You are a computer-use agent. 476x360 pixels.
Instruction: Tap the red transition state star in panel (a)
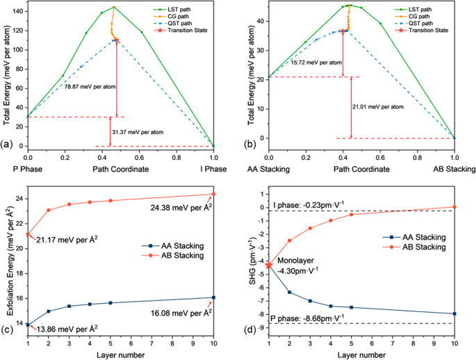pyautogui.click(x=116, y=40)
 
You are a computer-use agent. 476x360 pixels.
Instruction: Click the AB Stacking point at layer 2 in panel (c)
pyautogui.click(x=48, y=210)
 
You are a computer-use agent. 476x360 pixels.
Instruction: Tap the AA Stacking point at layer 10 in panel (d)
pyautogui.click(x=454, y=313)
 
